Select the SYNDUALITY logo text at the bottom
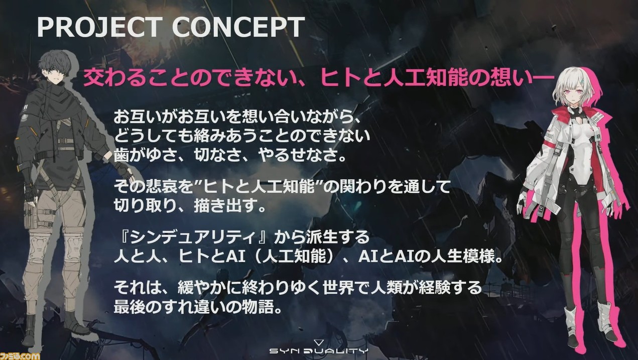click(x=319, y=350)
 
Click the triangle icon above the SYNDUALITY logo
click(x=318, y=342)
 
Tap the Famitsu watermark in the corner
click(x=20, y=355)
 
